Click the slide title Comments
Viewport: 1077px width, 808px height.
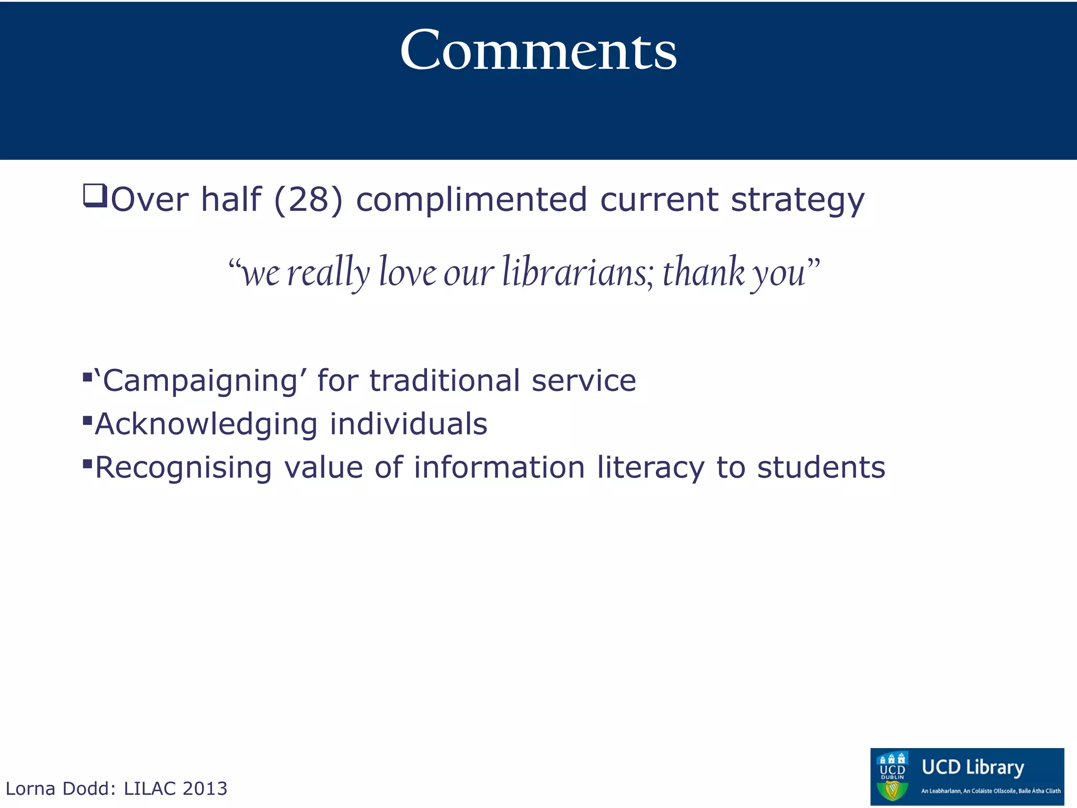[x=538, y=50]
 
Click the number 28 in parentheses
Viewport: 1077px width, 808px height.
[x=308, y=200]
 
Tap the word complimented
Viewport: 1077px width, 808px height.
[x=471, y=200]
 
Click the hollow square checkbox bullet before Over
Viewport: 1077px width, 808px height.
[x=95, y=196]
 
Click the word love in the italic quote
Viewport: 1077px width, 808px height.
[x=408, y=272]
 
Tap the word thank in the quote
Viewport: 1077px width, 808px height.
[x=704, y=272]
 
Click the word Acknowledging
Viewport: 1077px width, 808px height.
[x=206, y=425]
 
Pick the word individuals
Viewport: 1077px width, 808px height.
[x=409, y=424]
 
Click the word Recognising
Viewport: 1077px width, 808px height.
[x=184, y=468]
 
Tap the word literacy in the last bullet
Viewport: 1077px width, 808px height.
[x=651, y=467]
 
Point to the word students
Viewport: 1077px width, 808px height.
[x=821, y=467]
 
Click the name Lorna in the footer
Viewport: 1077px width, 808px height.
[x=30, y=789]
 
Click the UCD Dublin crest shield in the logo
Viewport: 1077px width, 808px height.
[x=893, y=777]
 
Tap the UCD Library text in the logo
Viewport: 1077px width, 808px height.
[x=973, y=767]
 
